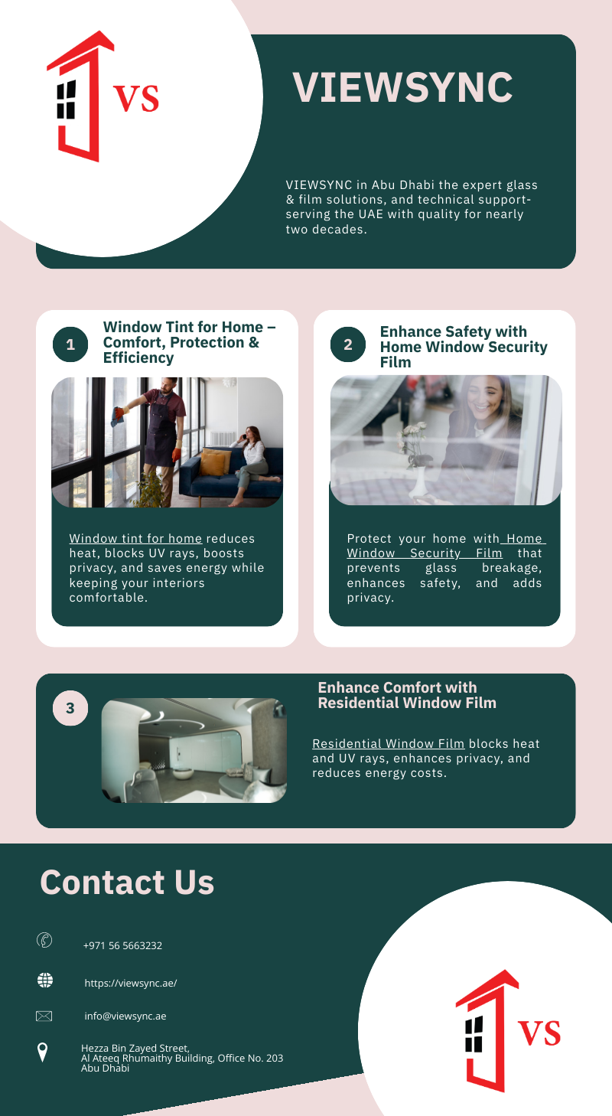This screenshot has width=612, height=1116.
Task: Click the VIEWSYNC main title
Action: (402, 87)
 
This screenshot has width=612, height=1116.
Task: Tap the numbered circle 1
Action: (70, 344)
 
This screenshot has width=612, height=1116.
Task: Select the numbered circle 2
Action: (347, 344)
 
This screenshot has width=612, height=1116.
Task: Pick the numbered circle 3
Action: (70, 708)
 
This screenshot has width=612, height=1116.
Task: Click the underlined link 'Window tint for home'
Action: (135, 539)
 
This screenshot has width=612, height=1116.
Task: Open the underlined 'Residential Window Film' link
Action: (389, 743)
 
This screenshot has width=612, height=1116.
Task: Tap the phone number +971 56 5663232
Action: (122, 945)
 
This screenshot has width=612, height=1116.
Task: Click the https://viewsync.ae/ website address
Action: (131, 983)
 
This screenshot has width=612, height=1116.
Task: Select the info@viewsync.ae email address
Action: (125, 1016)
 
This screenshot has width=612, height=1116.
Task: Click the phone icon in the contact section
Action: (44, 940)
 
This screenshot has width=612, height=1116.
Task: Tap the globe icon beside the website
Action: (45, 981)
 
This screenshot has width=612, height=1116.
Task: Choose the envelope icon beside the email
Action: (44, 1016)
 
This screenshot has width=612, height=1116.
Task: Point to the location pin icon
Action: (43, 1052)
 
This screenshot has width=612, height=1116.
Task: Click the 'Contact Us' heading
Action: (127, 883)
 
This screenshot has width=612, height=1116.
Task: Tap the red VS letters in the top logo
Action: (136, 98)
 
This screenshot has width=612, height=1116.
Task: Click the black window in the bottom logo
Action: (474, 1034)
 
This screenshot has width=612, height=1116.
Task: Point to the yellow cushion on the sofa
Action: (214, 462)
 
